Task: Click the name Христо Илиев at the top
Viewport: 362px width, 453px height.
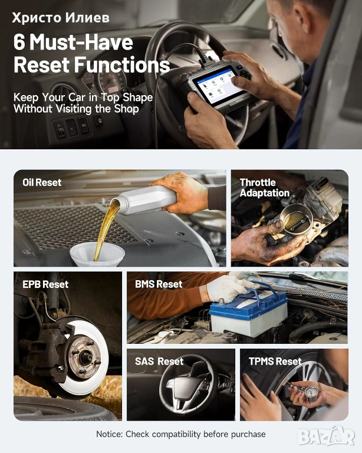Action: click(61, 18)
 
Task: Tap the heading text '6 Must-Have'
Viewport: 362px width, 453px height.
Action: click(73, 42)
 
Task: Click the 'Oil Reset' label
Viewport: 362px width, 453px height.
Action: click(42, 183)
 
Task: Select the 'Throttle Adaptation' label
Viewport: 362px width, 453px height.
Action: click(265, 188)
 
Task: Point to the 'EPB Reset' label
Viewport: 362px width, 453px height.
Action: click(45, 284)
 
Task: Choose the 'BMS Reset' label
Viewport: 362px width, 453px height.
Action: click(159, 284)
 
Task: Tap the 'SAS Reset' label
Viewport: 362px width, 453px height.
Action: click(159, 362)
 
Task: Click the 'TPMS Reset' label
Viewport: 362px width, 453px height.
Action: click(275, 362)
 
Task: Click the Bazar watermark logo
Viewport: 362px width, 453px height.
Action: click(326, 436)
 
